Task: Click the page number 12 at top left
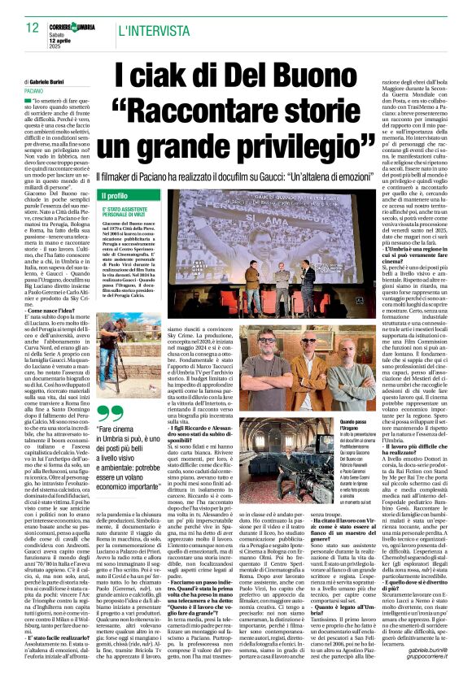pyautogui.click(x=20, y=28)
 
